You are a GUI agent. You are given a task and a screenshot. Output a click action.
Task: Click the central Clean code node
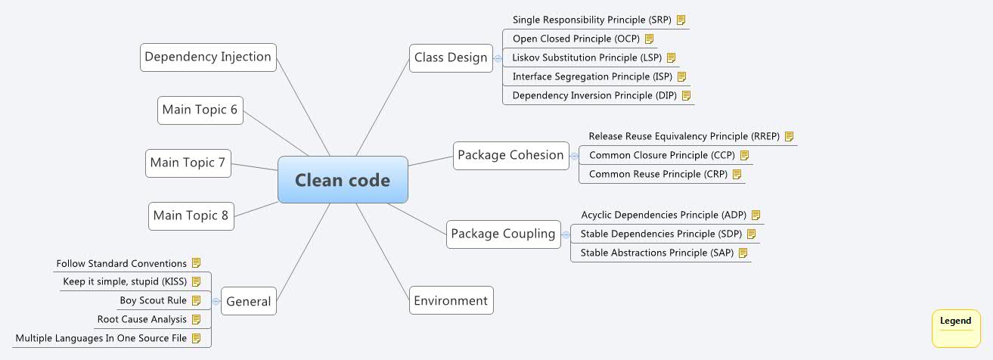[x=343, y=180]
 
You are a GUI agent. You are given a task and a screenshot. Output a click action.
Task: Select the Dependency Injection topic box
[x=208, y=57]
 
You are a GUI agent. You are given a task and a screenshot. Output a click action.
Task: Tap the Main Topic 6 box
[x=200, y=110]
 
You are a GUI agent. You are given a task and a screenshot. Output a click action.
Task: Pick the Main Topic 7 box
[x=188, y=163]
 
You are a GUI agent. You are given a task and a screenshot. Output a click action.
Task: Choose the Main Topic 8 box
[x=191, y=216]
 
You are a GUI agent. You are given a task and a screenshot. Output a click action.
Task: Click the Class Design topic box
[x=451, y=57]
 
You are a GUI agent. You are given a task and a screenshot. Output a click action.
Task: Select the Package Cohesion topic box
[x=510, y=155]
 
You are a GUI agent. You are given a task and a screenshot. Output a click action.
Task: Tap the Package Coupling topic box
[x=503, y=234]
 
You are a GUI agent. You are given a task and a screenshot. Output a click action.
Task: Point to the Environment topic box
[x=451, y=300]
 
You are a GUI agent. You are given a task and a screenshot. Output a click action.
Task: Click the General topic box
[x=248, y=301]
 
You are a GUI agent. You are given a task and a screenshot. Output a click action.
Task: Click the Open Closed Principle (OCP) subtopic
[x=576, y=39]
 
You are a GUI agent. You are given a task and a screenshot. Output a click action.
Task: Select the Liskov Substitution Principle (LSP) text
[x=587, y=57]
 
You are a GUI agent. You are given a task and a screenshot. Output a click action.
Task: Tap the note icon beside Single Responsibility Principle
[x=681, y=20]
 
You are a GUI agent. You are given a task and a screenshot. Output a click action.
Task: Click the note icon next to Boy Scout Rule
[x=196, y=300]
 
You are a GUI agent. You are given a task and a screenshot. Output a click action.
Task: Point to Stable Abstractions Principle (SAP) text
[x=656, y=253]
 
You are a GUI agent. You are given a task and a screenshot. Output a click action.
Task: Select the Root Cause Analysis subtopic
[x=142, y=319]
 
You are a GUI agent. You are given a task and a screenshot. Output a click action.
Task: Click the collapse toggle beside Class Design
[x=497, y=57]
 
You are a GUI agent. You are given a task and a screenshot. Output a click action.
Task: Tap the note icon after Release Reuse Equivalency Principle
[x=789, y=136]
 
